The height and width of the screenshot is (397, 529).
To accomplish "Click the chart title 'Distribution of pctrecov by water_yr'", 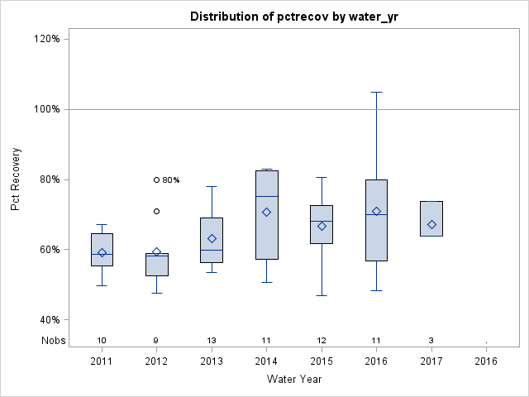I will click(294, 17).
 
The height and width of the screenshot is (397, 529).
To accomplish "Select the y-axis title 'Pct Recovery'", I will click(17, 179).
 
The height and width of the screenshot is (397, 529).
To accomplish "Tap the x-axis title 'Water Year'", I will click(294, 380).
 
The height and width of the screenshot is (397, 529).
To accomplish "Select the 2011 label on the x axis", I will click(102, 361).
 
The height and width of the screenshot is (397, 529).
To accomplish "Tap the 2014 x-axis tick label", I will click(266, 361).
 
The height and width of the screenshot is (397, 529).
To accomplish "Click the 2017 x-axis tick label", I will click(431, 361).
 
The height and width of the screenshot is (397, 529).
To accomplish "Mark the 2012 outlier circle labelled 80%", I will click(156, 179).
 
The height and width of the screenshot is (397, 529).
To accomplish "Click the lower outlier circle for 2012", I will click(156, 211).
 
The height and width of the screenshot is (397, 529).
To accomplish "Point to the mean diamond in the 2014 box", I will click(266, 212).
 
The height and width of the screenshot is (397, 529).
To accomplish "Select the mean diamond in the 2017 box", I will click(431, 224).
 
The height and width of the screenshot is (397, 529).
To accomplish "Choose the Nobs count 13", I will click(212, 340).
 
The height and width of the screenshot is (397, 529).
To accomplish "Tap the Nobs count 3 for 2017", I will click(431, 340).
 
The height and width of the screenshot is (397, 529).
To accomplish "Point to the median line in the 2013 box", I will click(212, 250).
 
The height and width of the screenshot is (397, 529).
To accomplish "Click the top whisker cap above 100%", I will click(376, 92).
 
